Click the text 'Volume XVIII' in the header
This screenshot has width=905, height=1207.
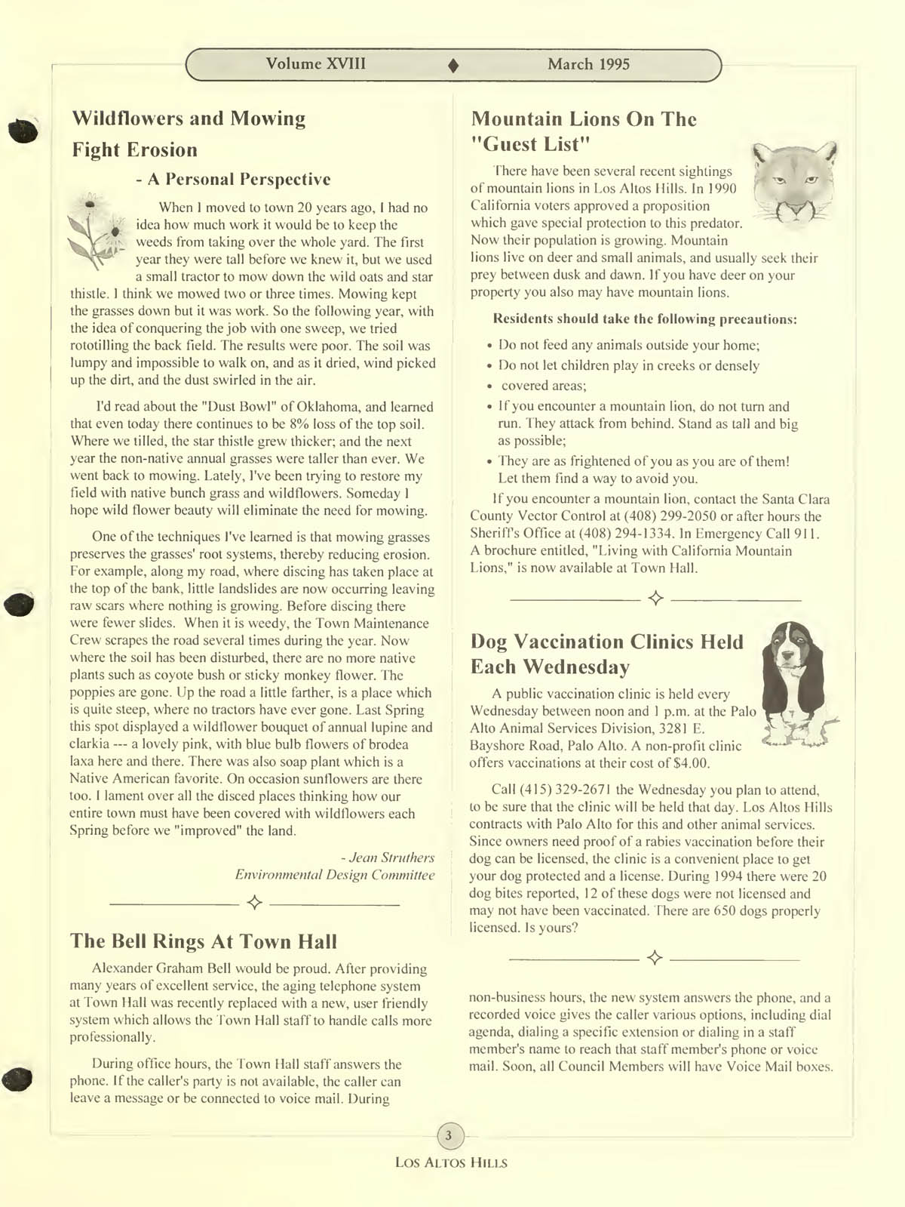coord(315,63)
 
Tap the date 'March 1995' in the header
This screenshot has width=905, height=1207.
coord(588,64)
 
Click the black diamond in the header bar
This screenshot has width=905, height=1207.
coord(453,66)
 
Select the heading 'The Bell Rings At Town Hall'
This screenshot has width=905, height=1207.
coord(204,941)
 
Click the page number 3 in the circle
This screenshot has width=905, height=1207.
coord(449,1135)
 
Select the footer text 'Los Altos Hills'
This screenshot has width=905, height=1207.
coord(451,1162)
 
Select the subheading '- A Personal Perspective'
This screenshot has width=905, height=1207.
coord(233,179)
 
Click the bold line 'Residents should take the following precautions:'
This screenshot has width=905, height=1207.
coord(645,319)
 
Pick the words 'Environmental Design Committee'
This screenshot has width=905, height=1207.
coord(335,875)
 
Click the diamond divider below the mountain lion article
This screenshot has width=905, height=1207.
coord(655,599)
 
